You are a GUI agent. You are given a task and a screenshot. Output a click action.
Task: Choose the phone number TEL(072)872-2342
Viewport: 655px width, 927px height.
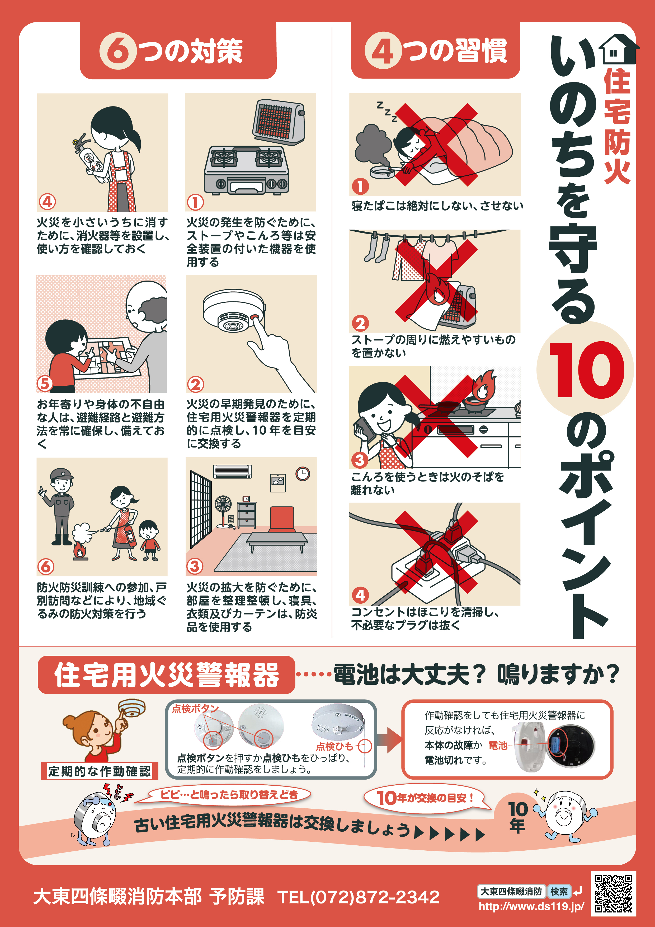pos(358,897)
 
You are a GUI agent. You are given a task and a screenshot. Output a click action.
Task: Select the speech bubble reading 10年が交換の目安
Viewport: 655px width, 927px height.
pos(426,797)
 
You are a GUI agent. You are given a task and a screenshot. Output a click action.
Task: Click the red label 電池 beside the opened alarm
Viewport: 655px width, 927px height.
pos(498,745)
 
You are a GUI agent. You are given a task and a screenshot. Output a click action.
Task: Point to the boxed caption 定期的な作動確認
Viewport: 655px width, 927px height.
pos(99,771)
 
